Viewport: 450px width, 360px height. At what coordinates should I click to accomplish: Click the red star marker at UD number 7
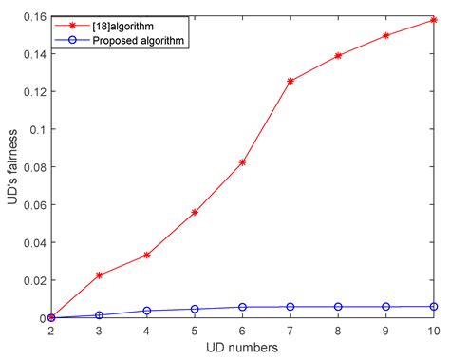[291, 82]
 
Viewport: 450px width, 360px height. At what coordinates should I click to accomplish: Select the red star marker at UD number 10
[434, 19]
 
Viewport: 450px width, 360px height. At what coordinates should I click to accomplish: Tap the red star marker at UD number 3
[99, 275]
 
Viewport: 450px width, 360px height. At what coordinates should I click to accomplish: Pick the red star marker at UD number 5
[195, 212]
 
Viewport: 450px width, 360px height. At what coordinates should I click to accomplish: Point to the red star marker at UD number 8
[338, 56]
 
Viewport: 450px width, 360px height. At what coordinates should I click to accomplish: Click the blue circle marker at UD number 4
[147, 311]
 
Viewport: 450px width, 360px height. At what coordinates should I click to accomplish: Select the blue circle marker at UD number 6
[242, 307]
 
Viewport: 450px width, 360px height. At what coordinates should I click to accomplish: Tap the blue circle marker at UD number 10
[434, 306]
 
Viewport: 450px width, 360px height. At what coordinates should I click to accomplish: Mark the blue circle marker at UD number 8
[338, 306]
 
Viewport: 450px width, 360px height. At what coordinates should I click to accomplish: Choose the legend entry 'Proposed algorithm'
[137, 43]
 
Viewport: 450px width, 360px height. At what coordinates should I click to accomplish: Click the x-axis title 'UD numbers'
[242, 348]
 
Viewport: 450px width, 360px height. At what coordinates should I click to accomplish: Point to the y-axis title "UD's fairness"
[11, 168]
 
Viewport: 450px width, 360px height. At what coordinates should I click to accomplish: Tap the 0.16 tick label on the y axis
[32, 17]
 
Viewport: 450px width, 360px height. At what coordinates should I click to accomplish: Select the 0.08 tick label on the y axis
[32, 167]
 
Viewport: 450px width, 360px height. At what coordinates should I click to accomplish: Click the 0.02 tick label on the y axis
[32, 280]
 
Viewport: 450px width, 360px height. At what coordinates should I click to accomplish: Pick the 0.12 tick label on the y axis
[32, 92]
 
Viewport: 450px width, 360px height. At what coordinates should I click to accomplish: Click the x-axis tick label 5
[195, 330]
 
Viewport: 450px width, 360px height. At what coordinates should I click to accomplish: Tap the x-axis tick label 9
[385, 330]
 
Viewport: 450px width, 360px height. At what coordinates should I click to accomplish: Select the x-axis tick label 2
[51, 330]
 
